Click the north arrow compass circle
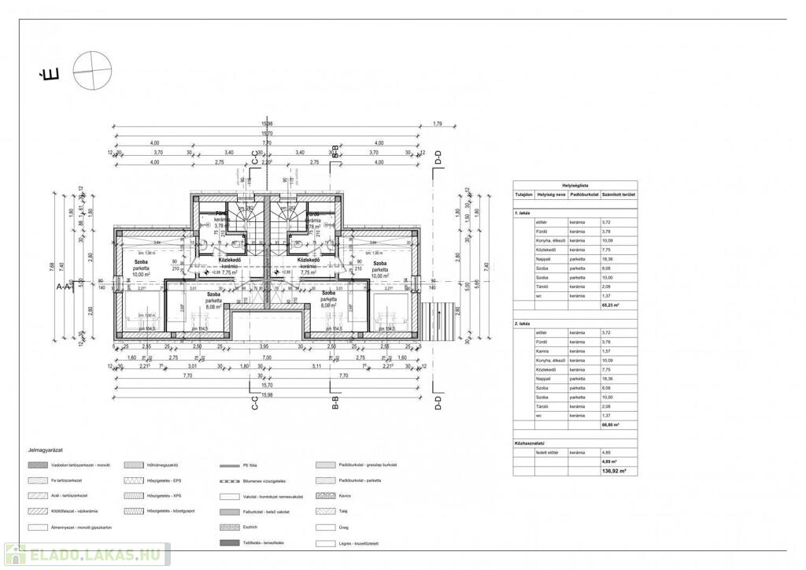click(91, 69)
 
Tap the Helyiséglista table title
click(575, 185)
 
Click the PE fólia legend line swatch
click(230, 465)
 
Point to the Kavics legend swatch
click(325, 496)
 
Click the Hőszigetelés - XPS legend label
click(164, 496)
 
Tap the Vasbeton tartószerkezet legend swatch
click(36, 465)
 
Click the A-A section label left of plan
click(65, 288)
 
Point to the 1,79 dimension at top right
click(438, 124)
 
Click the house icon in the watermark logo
click(14, 554)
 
